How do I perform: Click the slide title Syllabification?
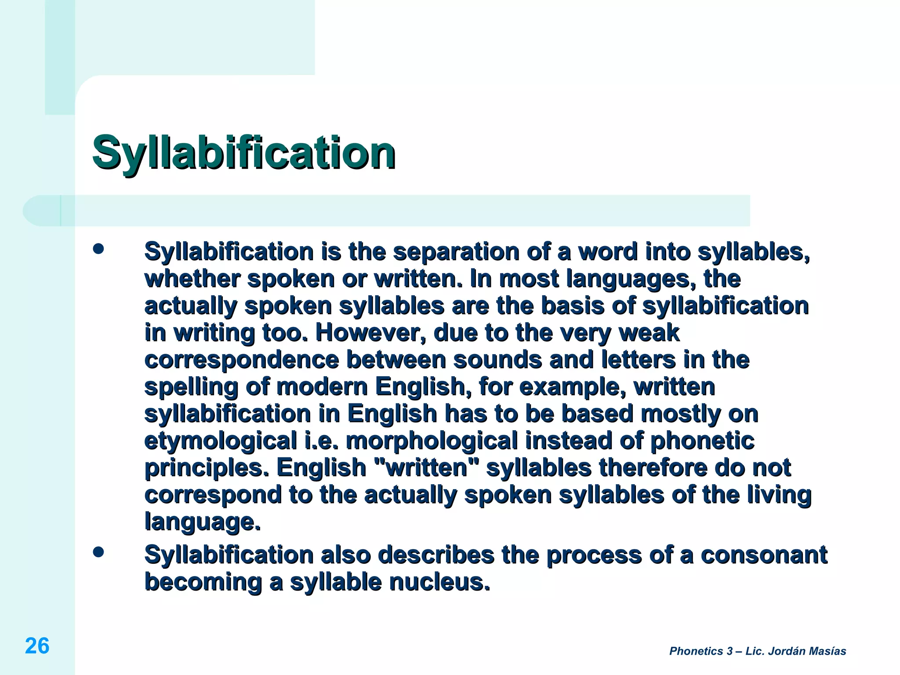point(244,152)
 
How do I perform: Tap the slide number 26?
point(37,646)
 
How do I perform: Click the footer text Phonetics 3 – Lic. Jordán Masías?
point(758,651)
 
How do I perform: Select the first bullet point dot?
point(98,249)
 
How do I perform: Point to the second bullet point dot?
point(98,552)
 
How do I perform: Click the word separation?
point(456,252)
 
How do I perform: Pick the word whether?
point(192,279)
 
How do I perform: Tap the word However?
point(371,333)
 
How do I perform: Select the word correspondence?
point(242,360)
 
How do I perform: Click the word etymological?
point(221,441)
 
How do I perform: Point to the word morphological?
point(432,441)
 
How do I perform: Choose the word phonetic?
point(702,441)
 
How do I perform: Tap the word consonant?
point(764,555)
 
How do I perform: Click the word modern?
point(322,387)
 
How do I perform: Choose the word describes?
point(436,555)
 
